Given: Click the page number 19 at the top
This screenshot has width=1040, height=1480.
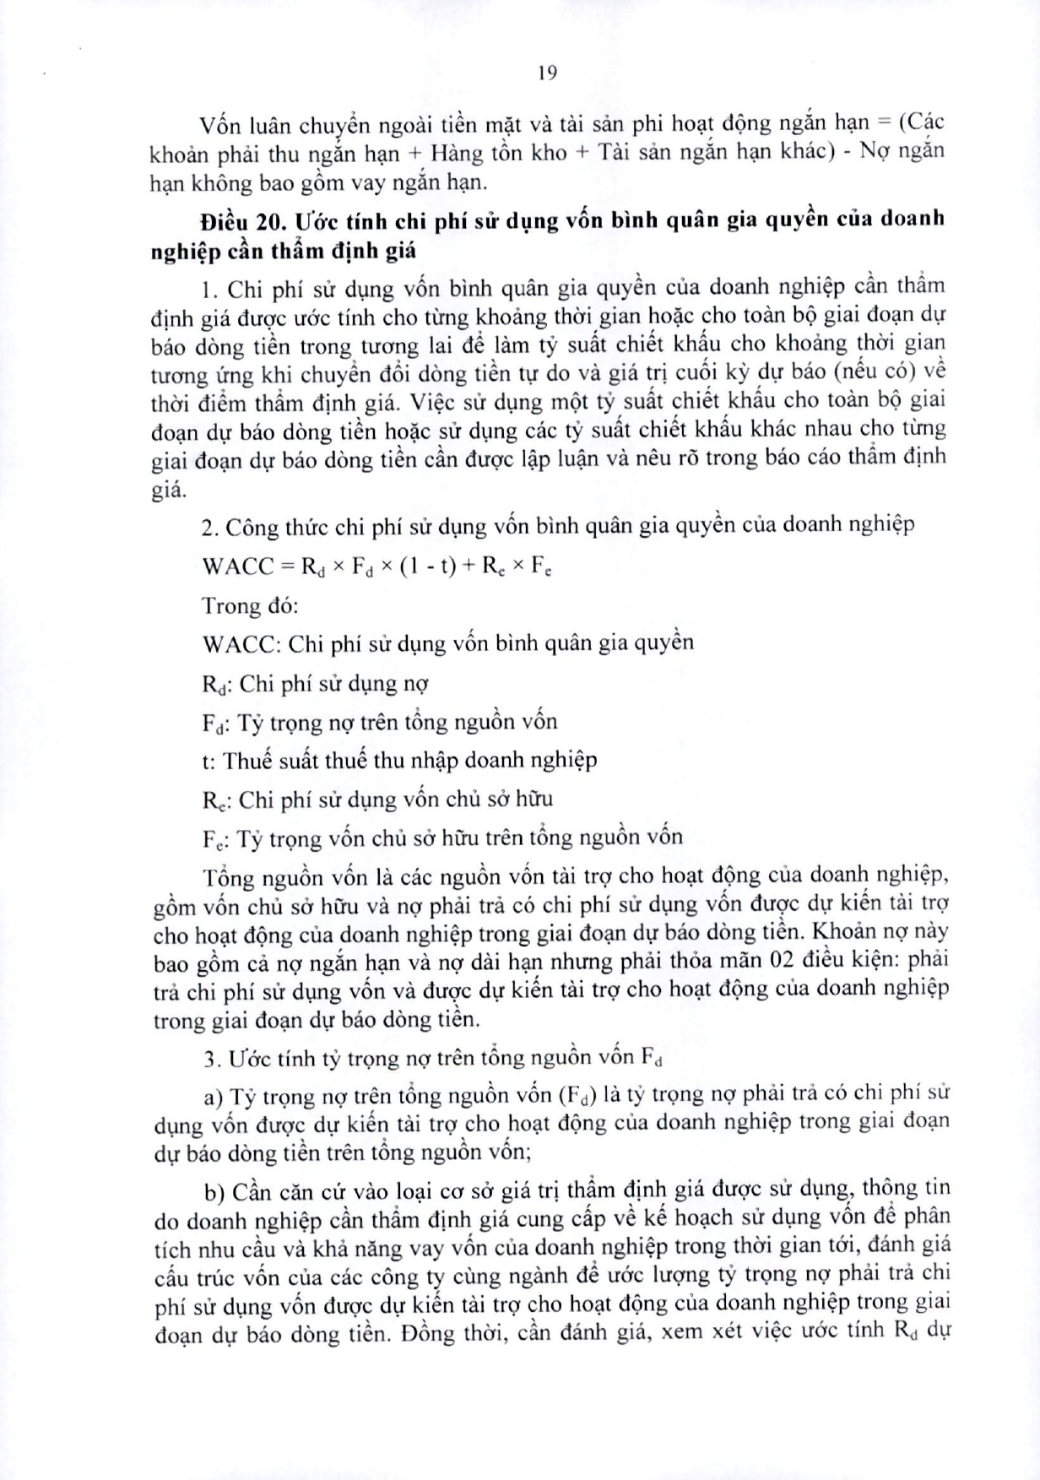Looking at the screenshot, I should pos(546,73).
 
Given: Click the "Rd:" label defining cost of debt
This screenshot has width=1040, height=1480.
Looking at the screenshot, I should pos(215,684).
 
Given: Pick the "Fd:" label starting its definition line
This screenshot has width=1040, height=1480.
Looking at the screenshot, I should pos(214,723).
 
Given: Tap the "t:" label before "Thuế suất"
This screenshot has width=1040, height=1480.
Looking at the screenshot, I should pos(209,760).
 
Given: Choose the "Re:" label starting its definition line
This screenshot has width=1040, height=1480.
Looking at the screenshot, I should pos(214,800).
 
